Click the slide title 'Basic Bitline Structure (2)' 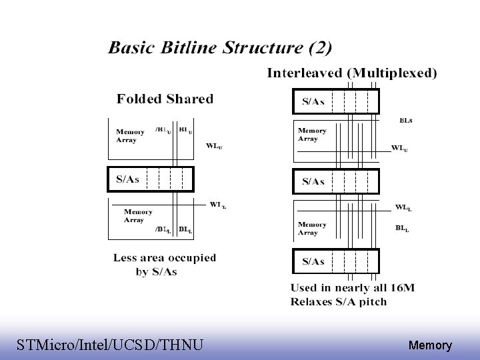pos(220,48)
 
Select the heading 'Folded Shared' pos(165,99)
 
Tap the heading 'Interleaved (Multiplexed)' pos(352,73)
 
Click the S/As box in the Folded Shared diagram pos(151,179)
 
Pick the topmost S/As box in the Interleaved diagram pos(336,101)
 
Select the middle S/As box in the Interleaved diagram pos(336,181)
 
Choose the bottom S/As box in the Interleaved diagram pos(336,261)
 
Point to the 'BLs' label pos(405,121)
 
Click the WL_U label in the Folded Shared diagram pos(214,145)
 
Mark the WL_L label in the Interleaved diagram pos(403,208)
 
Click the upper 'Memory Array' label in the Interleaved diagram pos(312,135)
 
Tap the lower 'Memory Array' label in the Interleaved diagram pos(312,229)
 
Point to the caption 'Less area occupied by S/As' pos(164,265)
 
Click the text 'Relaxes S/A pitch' pos(339,301)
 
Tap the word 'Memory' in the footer pos(430,345)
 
